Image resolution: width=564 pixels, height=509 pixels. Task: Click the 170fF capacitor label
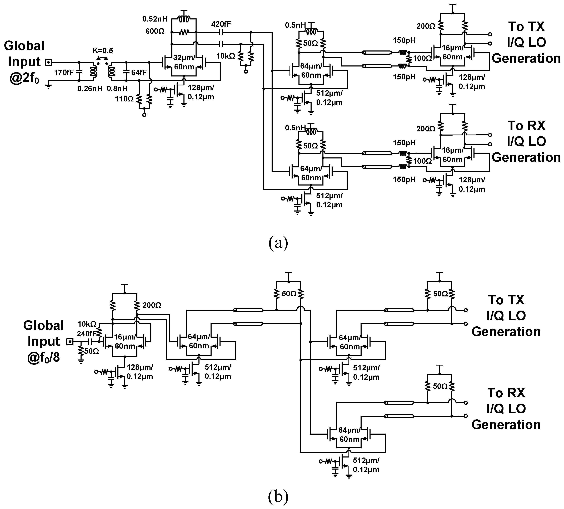pyautogui.click(x=64, y=73)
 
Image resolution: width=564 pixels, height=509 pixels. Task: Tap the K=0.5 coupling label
pyautogui.click(x=103, y=51)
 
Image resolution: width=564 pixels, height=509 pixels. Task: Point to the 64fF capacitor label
pyautogui.click(x=139, y=73)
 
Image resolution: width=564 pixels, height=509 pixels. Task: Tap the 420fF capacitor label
pyautogui.click(x=221, y=24)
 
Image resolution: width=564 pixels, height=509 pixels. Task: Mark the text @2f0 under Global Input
pyautogui.click(x=24, y=78)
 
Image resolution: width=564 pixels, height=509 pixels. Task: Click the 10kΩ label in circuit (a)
pyautogui.click(x=226, y=56)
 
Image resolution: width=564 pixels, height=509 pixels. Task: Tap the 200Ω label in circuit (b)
pyautogui.click(x=152, y=305)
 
